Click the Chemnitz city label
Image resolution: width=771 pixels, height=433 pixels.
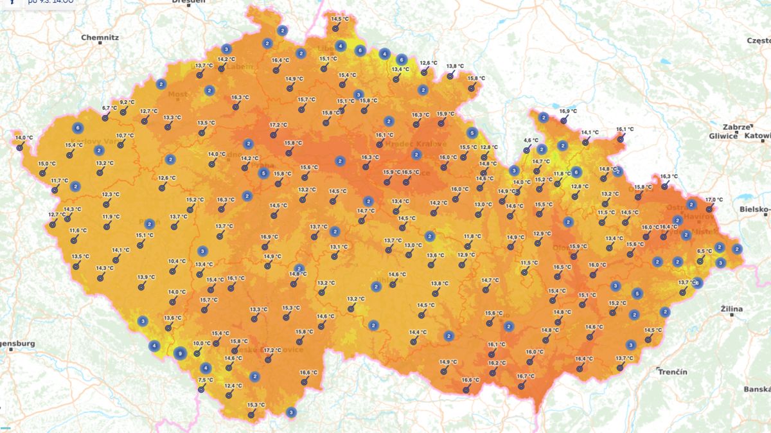tap(100, 37)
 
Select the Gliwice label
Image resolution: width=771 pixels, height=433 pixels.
tap(723, 136)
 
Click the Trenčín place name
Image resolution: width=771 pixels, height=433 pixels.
tap(673, 372)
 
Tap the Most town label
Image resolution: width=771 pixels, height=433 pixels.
tap(177, 94)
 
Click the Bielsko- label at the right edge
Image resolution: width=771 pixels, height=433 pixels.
tap(754, 209)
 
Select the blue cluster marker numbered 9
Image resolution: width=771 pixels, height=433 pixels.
tap(181, 353)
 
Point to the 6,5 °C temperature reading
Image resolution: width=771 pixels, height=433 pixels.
tap(704, 251)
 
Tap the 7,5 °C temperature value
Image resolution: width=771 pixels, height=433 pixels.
tap(206, 380)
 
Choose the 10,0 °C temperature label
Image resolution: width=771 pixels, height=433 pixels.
tap(202, 344)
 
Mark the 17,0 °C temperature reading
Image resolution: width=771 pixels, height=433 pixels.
tap(714, 200)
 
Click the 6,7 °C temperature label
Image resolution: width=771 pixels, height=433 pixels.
tap(110, 108)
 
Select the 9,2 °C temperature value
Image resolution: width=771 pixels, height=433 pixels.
tap(127, 102)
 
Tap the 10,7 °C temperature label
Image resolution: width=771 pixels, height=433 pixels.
tap(125, 136)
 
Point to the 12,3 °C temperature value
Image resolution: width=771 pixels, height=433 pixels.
tap(111, 195)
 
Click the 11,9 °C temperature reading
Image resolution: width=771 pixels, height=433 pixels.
tap(111, 216)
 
